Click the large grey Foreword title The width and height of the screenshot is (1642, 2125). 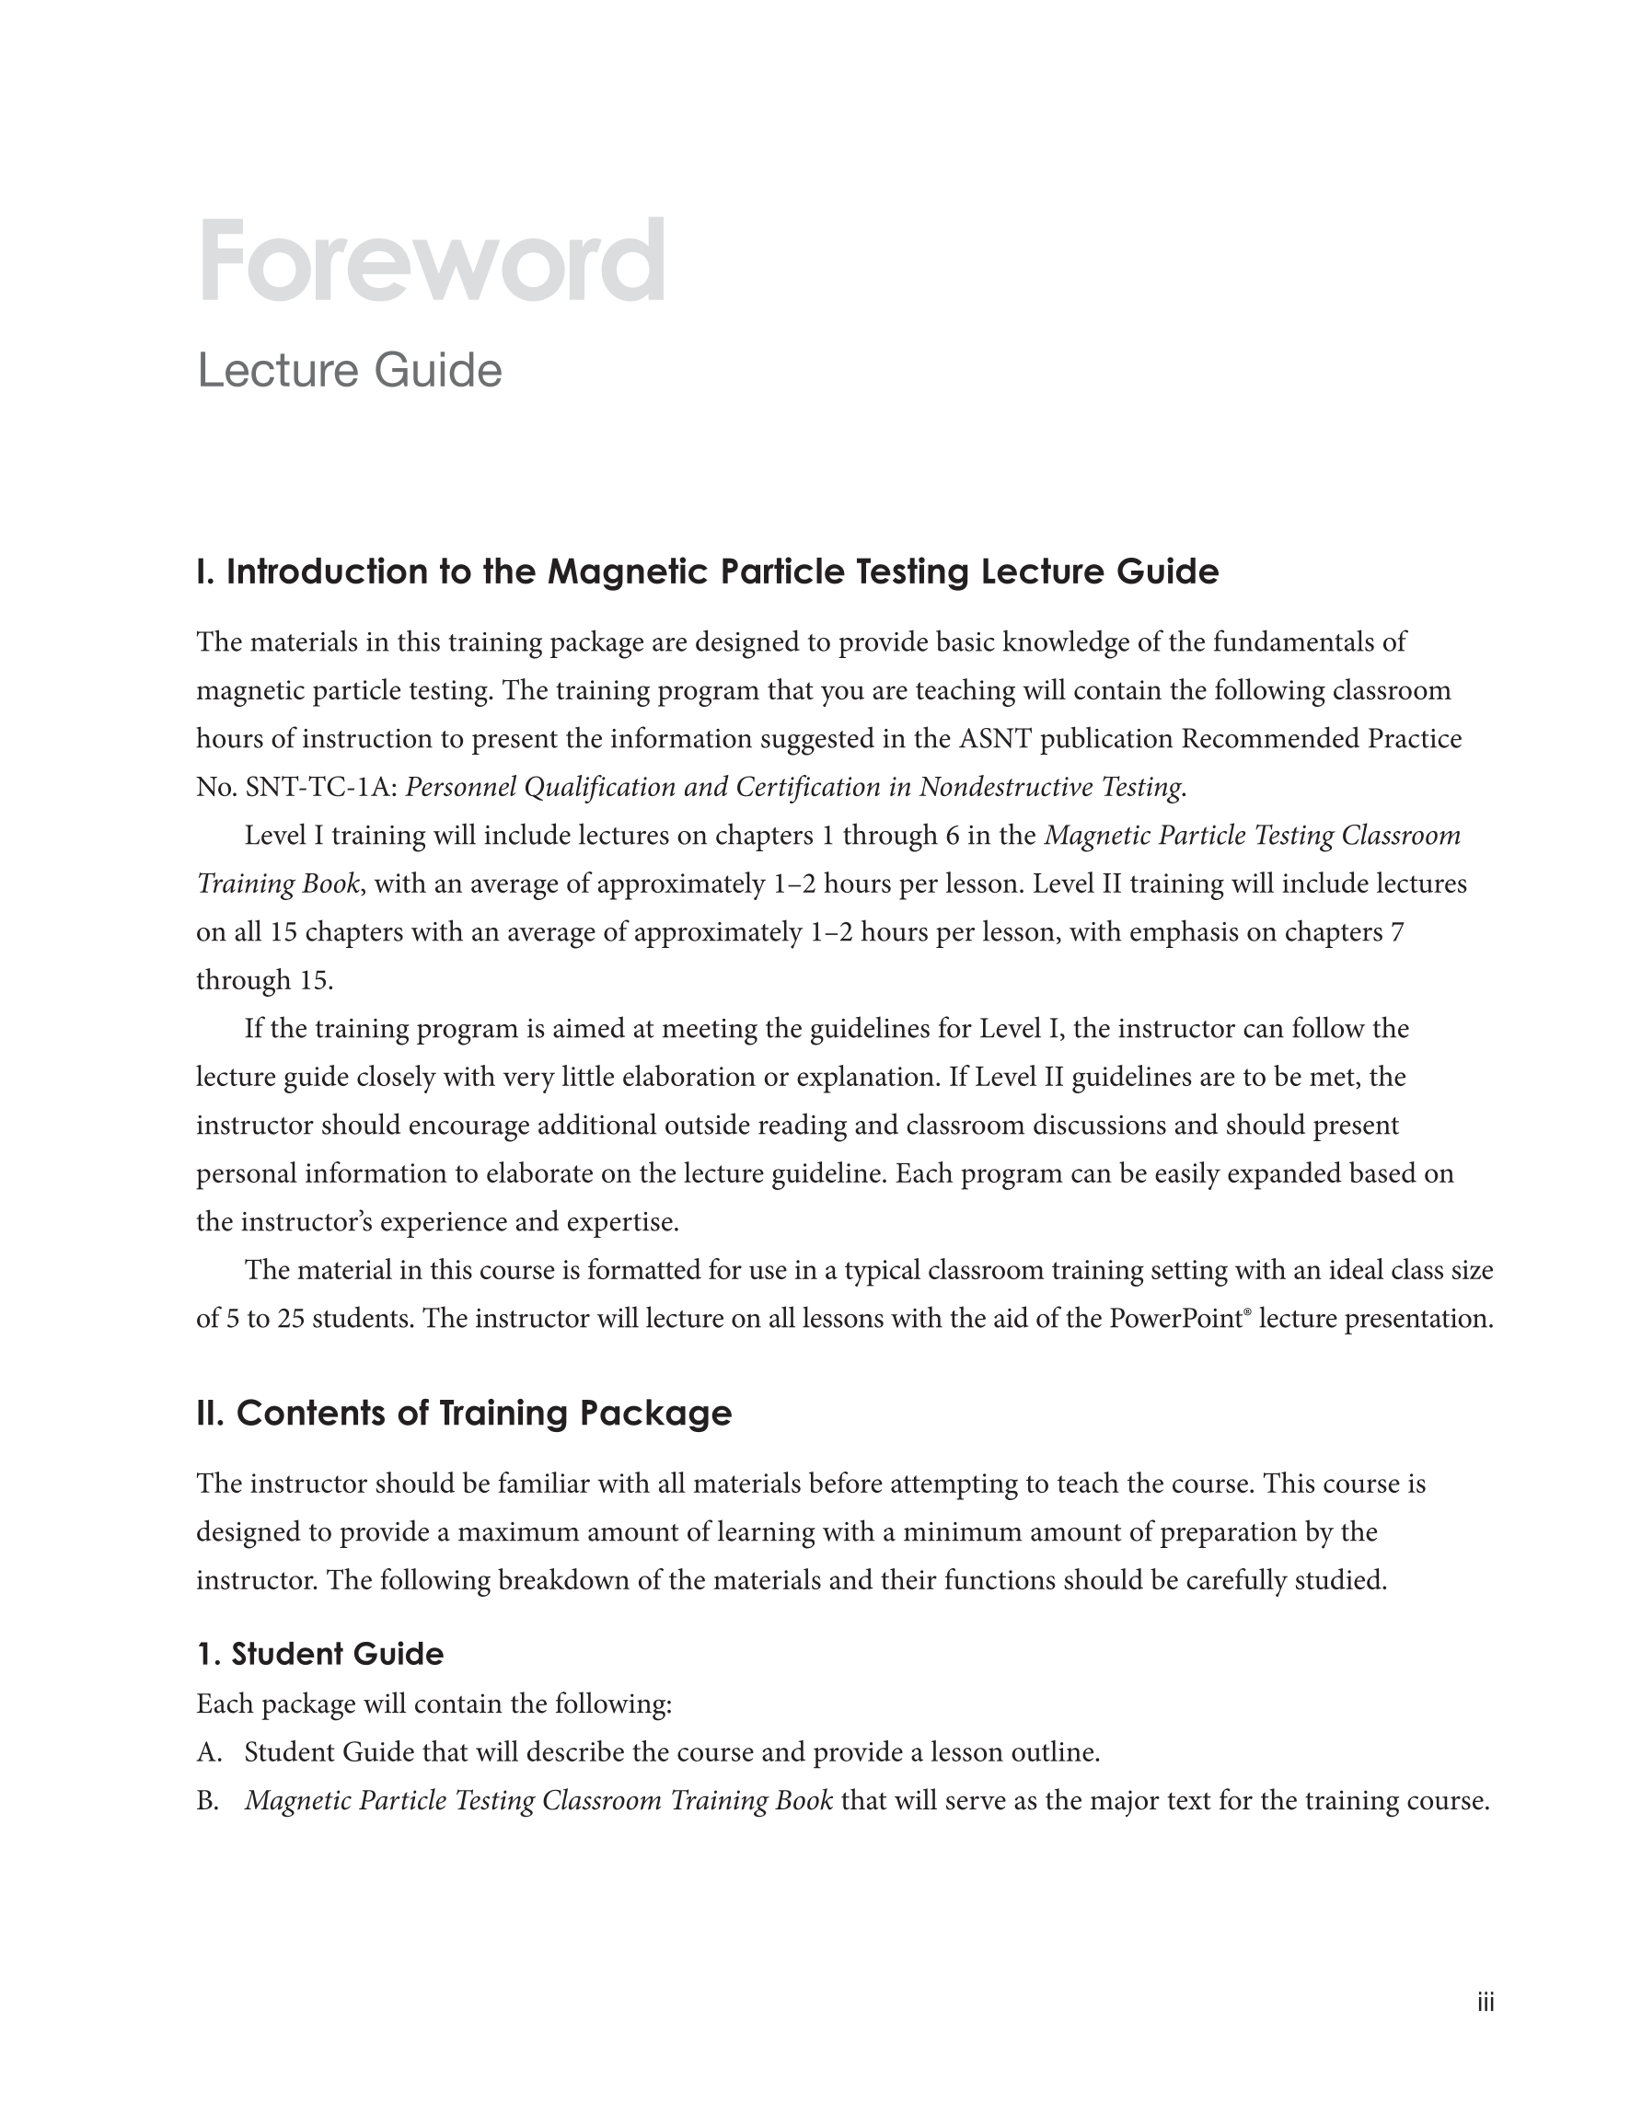pos(431,260)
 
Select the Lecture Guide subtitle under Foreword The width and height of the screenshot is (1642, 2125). pos(350,371)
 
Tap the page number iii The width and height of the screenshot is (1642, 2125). pos(1486,2003)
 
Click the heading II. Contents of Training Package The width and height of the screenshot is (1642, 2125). pos(463,1413)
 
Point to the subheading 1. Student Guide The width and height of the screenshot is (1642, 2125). pos(319,1653)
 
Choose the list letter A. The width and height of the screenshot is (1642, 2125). pos(208,1752)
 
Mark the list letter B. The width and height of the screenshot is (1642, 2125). pos(207,1801)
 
